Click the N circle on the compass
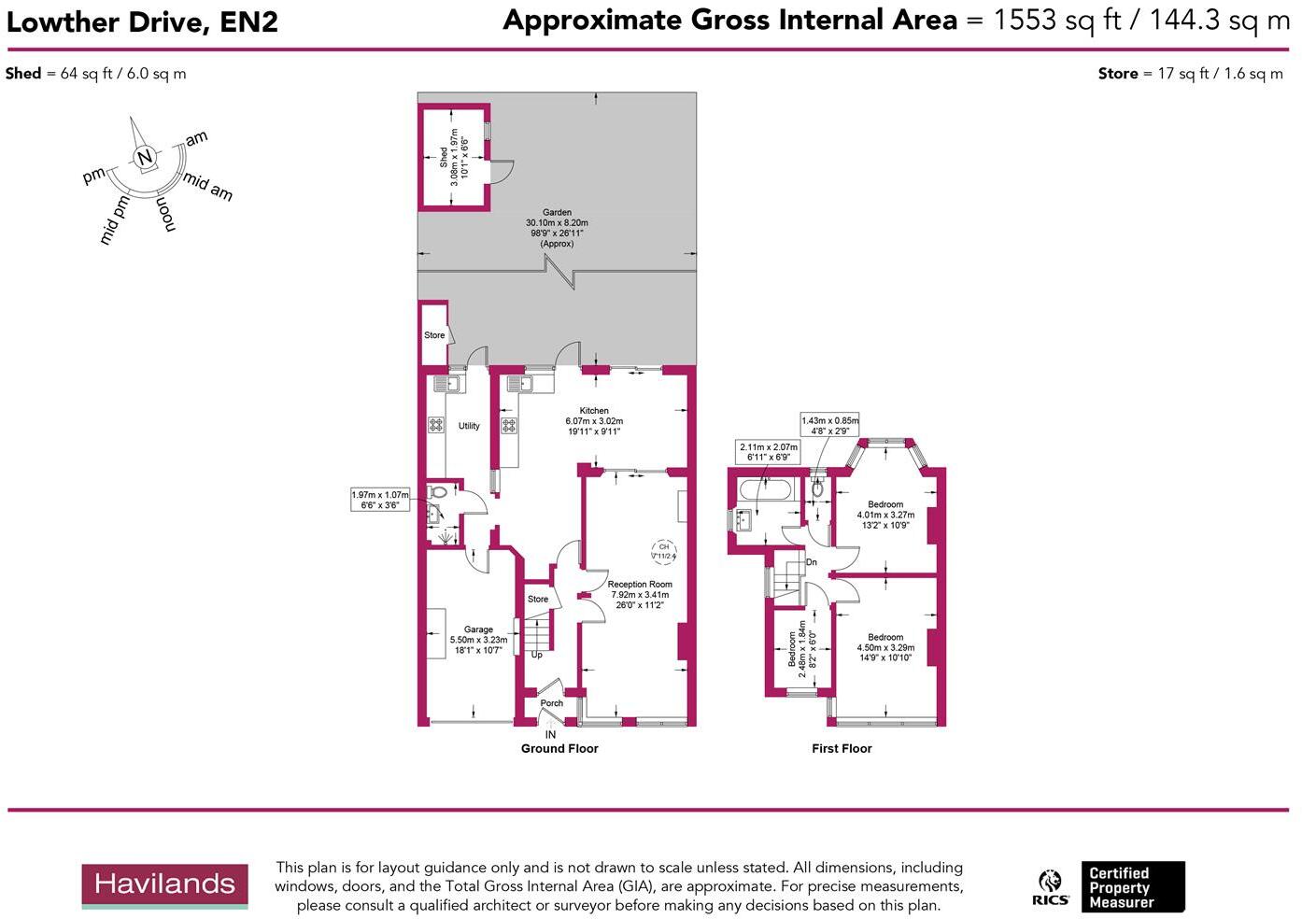tap(144, 158)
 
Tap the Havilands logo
tap(164, 884)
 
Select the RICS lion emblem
tap(1050, 884)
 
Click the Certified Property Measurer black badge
tap(1132, 887)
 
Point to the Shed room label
tap(444, 157)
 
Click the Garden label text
tap(557, 213)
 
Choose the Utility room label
tap(469, 426)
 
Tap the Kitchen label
tap(594, 411)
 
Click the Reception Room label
tap(640, 585)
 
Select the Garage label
tap(478, 630)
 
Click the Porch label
tap(552, 703)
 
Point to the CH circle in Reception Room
tap(663, 551)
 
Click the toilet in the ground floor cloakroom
tap(436, 492)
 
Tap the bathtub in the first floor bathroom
tap(764, 488)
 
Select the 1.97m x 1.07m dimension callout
tap(380, 500)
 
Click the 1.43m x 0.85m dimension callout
tap(829, 426)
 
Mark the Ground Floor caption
tap(559, 748)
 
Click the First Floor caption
tap(842, 748)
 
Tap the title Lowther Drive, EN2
tap(142, 22)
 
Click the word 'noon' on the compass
tap(164, 214)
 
